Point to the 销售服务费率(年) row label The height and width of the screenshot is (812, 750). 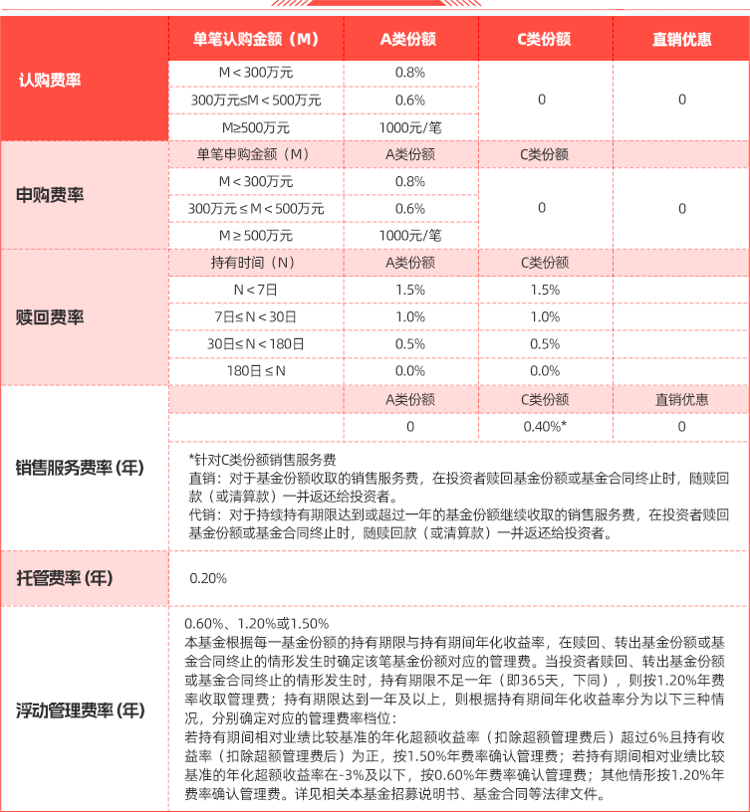coord(81,467)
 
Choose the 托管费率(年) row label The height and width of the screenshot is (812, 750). coord(65,578)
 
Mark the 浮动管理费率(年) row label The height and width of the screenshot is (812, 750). coord(81,710)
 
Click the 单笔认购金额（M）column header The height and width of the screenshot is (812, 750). coord(255,40)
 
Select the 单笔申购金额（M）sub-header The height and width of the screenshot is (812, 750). coord(255,154)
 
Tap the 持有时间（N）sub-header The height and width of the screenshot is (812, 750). coord(255,263)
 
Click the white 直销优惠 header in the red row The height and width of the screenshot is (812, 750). coord(681,40)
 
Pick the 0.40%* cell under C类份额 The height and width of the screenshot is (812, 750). coord(545,426)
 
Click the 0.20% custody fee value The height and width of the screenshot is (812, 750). coord(208,578)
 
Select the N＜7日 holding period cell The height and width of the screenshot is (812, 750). coord(255,290)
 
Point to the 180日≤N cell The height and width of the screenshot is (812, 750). coord(255,370)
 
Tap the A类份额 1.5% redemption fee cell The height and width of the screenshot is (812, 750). coord(409,290)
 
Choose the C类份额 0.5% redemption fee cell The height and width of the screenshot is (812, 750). coord(545,343)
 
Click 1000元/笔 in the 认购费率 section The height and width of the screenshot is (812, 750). coord(409,127)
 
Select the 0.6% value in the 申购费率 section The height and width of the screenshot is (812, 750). coord(409,209)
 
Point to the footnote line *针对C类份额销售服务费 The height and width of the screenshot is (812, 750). coord(263,460)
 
